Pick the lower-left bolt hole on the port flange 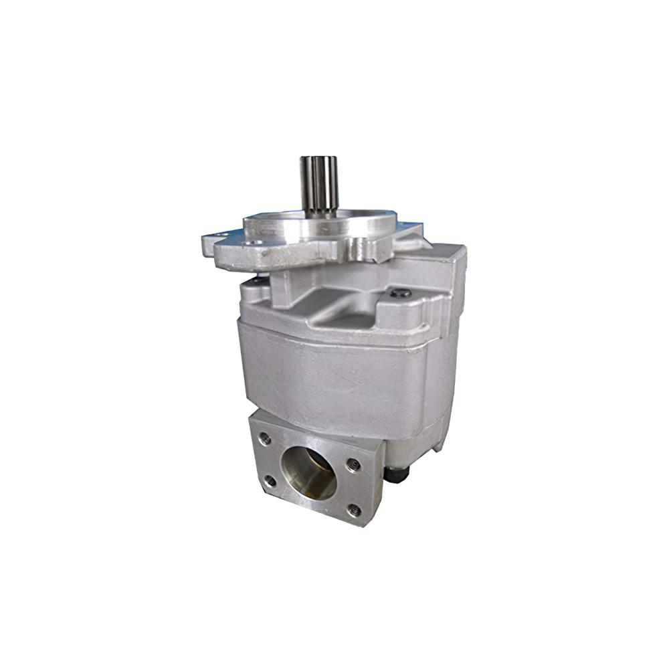[270, 480]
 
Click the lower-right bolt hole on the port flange [355, 511]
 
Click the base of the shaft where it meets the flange [319, 213]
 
